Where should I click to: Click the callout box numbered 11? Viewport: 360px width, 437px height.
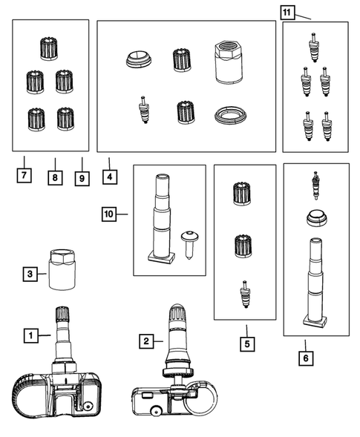pyautogui.click(x=287, y=13)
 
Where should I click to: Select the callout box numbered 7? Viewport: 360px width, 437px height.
pyautogui.click(x=24, y=175)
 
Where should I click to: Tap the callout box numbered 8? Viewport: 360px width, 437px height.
pyautogui.click(x=55, y=177)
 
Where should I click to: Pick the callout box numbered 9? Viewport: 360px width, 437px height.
pyautogui.click(x=82, y=178)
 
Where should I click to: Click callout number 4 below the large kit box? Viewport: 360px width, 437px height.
pyautogui.click(x=110, y=177)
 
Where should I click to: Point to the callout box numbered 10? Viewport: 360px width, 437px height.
pyautogui.click(x=109, y=214)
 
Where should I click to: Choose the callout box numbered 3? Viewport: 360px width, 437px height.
pyautogui.click(x=30, y=274)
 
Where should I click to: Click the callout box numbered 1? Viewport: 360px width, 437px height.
pyautogui.click(x=31, y=335)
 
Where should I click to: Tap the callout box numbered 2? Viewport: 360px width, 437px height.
pyautogui.click(x=146, y=341)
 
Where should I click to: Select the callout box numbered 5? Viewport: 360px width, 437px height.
pyautogui.click(x=247, y=344)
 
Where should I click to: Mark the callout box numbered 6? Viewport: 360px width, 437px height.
pyautogui.click(x=306, y=358)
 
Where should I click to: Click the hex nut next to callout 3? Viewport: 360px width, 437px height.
pyautogui.click(x=62, y=270)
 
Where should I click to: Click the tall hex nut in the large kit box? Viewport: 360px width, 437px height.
pyautogui.click(x=229, y=62)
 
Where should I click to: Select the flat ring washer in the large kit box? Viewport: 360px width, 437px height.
pyautogui.click(x=231, y=115)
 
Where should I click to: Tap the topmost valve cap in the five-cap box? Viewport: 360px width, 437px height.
pyautogui.click(x=49, y=48)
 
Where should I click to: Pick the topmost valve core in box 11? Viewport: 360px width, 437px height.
pyautogui.click(x=314, y=47)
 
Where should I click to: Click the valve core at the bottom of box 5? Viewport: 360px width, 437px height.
pyautogui.click(x=245, y=295)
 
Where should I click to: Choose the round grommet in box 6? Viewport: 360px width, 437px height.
pyautogui.click(x=317, y=217)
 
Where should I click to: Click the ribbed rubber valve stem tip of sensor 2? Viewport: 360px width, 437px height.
pyautogui.click(x=177, y=315)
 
